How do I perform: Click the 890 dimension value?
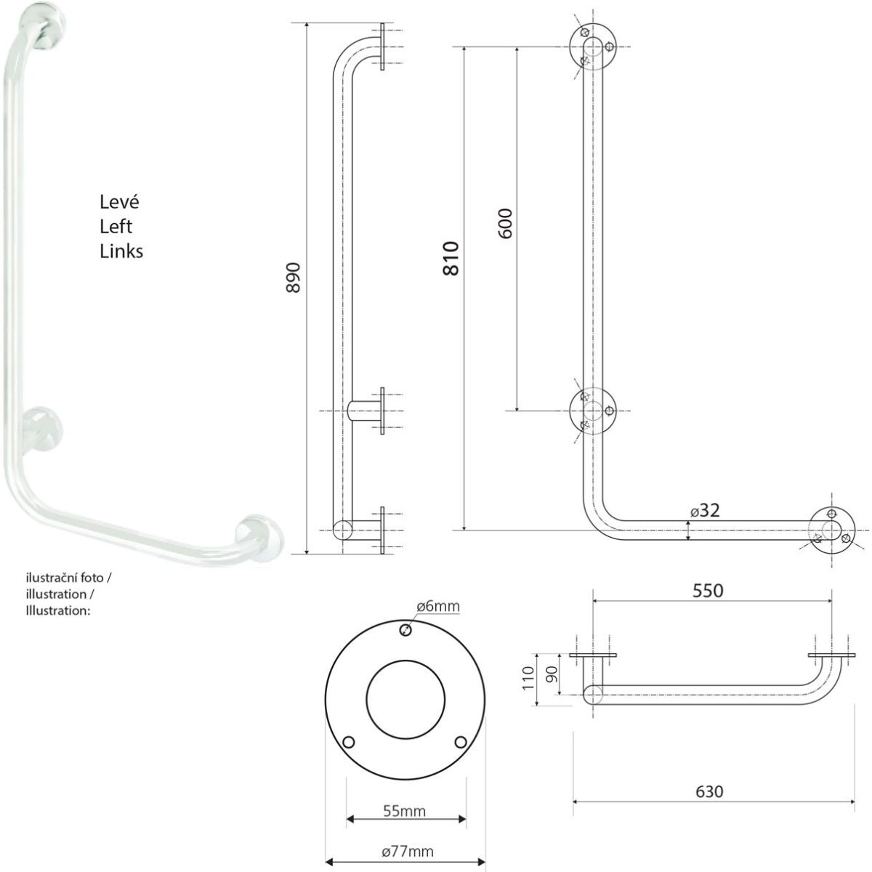[x=294, y=278]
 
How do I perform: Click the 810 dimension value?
[x=451, y=259]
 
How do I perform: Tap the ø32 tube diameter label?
[x=705, y=510]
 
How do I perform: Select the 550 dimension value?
[x=708, y=591]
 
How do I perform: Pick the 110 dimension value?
[x=528, y=677]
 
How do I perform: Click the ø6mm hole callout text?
[x=438, y=606]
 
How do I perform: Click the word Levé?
[x=119, y=202]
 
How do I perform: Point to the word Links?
[x=121, y=251]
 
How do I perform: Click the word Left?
[x=116, y=226]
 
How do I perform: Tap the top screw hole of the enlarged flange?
[x=405, y=630]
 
